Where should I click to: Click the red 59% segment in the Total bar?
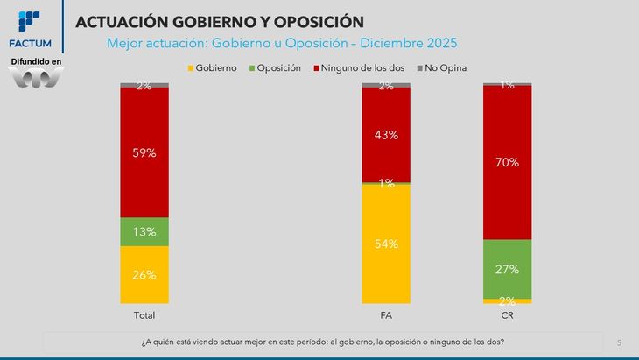pyautogui.click(x=144, y=152)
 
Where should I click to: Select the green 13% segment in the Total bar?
pyautogui.click(x=144, y=232)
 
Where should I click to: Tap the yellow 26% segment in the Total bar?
pyautogui.click(x=144, y=274)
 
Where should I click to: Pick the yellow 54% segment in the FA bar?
pyautogui.click(x=386, y=244)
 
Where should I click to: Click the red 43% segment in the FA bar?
pyautogui.click(x=386, y=135)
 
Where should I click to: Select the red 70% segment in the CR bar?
pyautogui.click(x=508, y=162)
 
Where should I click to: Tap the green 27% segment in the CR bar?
pyautogui.click(x=508, y=269)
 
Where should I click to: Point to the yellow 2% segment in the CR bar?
pyautogui.click(x=508, y=300)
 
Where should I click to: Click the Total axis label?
pyautogui.click(x=144, y=314)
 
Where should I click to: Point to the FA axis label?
pyautogui.click(x=386, y=314)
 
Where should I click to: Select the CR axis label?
pyautogui.click(x=508, y=314)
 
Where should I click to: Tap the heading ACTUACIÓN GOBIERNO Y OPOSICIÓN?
pyautogui.click(x=220, y=20)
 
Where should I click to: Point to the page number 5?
pyautogui.click(x=619, y=342)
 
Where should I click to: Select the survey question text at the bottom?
pyautogui.click(x=322, y=342)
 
